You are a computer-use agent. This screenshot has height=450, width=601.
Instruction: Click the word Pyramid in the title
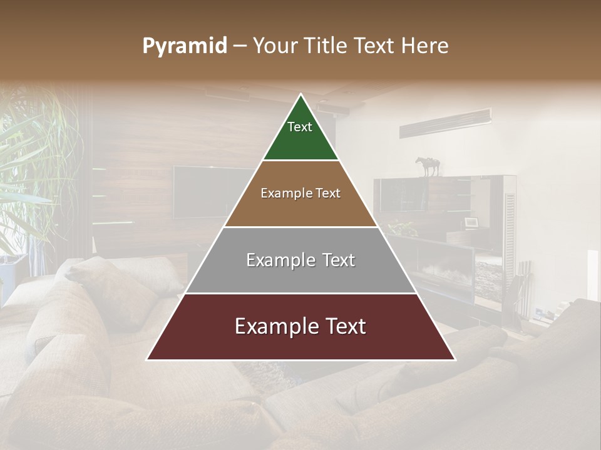coord(185,46)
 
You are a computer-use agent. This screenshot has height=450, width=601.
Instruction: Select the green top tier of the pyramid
coord(300,134)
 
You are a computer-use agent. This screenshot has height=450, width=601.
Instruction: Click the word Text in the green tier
coord(300,127)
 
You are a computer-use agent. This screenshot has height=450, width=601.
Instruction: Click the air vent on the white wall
coord(445,122)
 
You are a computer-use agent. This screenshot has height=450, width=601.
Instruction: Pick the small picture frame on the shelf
coord(471,222)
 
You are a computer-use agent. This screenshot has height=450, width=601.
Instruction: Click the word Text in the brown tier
coord(327,193)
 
